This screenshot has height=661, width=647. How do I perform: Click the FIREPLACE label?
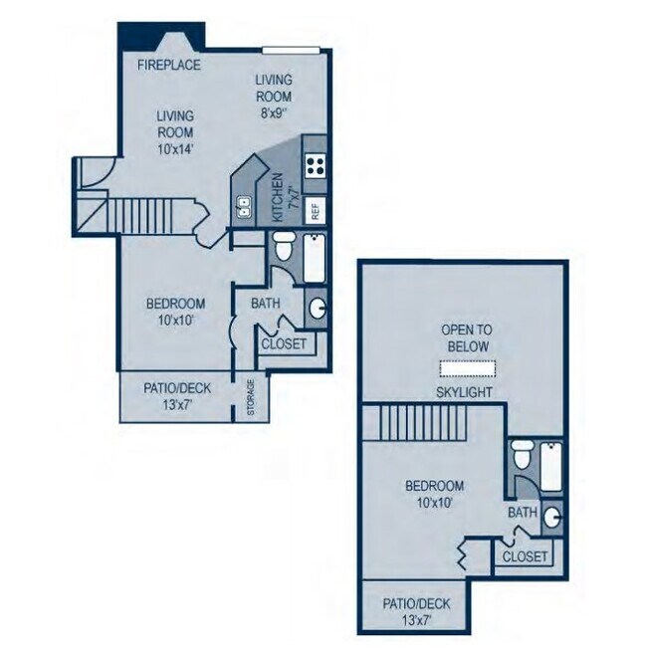point(169,66)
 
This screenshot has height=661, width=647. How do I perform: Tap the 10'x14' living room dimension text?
point(174,148)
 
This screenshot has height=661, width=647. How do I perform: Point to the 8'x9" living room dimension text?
point(272,113)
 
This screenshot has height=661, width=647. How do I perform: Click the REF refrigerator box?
point(315,210)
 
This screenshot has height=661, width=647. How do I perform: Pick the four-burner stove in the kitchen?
point(317,165)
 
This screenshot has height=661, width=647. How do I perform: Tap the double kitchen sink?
point(244,207)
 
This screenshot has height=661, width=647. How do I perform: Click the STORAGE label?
point(251,395)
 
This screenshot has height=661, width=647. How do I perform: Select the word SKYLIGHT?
point(465,392)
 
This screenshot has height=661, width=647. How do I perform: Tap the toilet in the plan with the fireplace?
point(283,247)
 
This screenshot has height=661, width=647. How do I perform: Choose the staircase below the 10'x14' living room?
point(149,213)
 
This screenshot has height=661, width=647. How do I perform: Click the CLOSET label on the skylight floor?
point(525,556)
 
